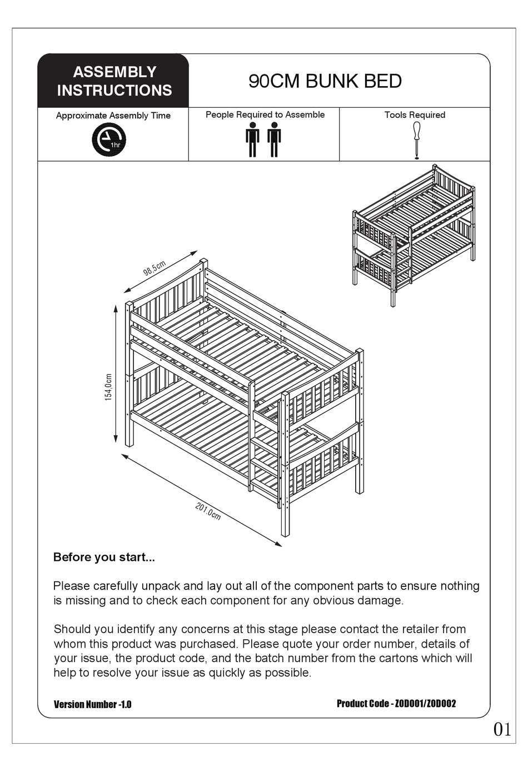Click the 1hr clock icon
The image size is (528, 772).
(x=109, y=140)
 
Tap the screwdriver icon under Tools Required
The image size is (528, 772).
(x=416, y=140)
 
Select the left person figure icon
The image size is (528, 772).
(x=253, y=140)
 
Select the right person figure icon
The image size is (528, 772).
(x=274, y=140)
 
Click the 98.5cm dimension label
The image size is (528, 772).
(x=155, y=268)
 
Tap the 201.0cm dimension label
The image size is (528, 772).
(x=208, y=511)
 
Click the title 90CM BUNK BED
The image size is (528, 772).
(x=325, y=81)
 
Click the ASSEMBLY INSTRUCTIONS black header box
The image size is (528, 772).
(x=113, y=81)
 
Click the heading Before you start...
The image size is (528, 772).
(x=104, y=557)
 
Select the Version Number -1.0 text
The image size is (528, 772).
(x=92, y=704)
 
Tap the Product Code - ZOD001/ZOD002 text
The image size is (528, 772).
(x=396, y=704)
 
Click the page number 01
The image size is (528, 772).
(x=502, y=729)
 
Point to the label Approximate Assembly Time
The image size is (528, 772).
(x=113, y=116)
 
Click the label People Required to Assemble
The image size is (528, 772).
(x=265, y=114)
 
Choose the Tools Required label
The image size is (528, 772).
(x=415, y=115)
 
